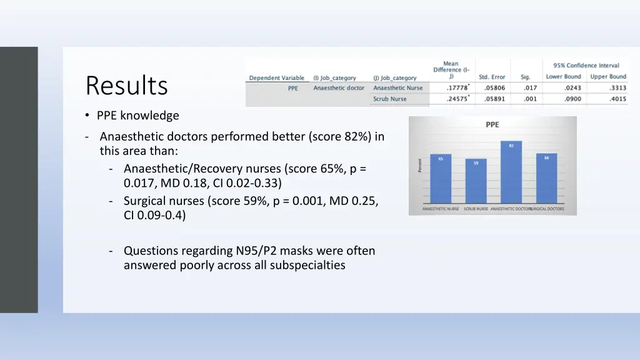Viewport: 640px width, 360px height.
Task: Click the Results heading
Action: tap(127, 86)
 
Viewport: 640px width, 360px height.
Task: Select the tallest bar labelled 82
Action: tap(511, 172)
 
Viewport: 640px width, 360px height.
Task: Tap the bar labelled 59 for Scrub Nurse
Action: tap(476, 181)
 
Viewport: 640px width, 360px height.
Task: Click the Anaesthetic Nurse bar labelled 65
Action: tap(440, 178)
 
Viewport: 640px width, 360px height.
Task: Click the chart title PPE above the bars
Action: tap(492, 125)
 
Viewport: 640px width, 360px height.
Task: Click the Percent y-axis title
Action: tap(420, 165)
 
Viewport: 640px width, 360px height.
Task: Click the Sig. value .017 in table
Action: tap(530, 88)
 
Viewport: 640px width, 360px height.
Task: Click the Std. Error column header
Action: tap(492, 77)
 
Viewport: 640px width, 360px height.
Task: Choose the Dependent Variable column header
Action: tap(276, 78)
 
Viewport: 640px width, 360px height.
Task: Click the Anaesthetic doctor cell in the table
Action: tap(339, 88)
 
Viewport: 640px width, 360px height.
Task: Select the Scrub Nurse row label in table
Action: tap(390, 99)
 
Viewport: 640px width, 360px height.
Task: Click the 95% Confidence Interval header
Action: tap(586, 65)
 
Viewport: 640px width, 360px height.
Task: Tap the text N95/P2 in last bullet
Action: tap(256, 251)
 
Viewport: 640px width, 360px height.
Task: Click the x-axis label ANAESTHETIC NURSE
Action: tap(441, 209)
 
